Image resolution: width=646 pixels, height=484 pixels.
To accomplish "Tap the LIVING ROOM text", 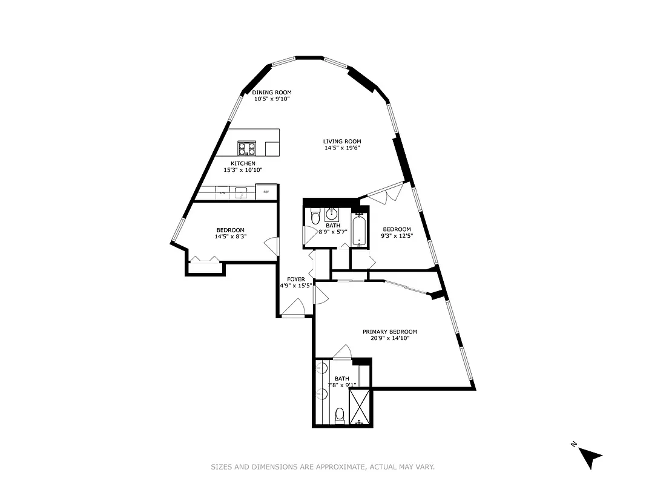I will (x=342, y=142).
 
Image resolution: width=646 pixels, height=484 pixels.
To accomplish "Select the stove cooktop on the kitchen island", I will (x=246, y=148).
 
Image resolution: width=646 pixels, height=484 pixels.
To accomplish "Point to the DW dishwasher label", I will (x=223, y=193).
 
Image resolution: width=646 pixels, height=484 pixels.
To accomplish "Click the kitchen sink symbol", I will (x=242, y=193).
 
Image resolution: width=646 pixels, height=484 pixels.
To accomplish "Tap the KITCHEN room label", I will (x=243, y=163).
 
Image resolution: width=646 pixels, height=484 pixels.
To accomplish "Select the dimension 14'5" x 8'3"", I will (x=231, y=237).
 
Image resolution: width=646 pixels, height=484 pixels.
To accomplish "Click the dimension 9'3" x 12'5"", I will (x=396, y=236).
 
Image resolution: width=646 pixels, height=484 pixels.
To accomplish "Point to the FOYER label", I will (x=296, y=279).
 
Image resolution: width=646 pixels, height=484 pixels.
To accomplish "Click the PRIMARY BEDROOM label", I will (x=390, y=332).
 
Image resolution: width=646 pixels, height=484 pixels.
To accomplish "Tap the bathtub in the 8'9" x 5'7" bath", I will (x=360, y=231).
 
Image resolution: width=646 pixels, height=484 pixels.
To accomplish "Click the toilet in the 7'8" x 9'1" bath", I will (x=340, y=415).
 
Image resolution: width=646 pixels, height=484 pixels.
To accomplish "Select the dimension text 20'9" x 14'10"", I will (x=390, y=339).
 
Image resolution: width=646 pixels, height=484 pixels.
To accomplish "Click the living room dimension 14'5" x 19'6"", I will (x=342, y=148).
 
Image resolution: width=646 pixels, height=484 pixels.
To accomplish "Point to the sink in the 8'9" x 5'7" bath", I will (x=332, y=214).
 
